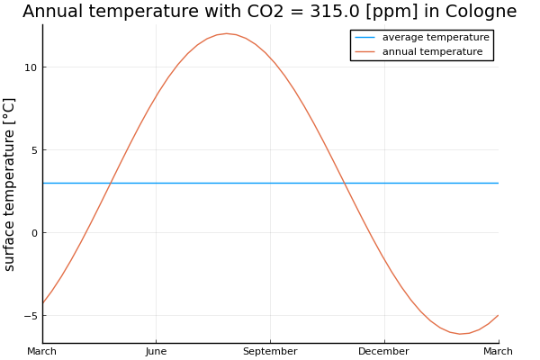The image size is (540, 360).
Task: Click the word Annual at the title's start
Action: (54, 12)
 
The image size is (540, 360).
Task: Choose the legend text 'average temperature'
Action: (436, 38)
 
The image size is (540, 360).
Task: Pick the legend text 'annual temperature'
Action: (432, 51)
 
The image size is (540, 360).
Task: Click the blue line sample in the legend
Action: (366, 38)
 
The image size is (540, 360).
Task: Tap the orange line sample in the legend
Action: (366, 51)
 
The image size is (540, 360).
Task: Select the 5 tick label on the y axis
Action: (32, 150)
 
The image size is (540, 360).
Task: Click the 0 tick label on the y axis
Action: (32, 233)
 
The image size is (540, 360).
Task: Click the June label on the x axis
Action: (156, 351)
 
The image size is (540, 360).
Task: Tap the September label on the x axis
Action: (270, 351)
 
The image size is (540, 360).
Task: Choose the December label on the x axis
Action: (384, 351)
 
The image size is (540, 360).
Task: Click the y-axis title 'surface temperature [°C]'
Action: (11, 184)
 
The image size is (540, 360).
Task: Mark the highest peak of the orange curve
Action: (226, 33)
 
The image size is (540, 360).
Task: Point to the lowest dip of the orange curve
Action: (460, 334)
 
